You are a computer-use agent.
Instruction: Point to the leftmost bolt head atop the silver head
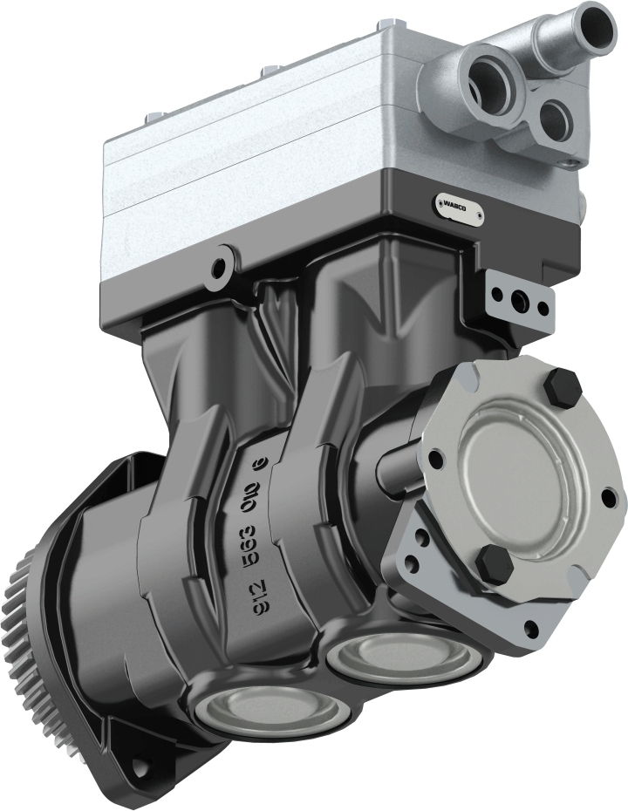point(154,119)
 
